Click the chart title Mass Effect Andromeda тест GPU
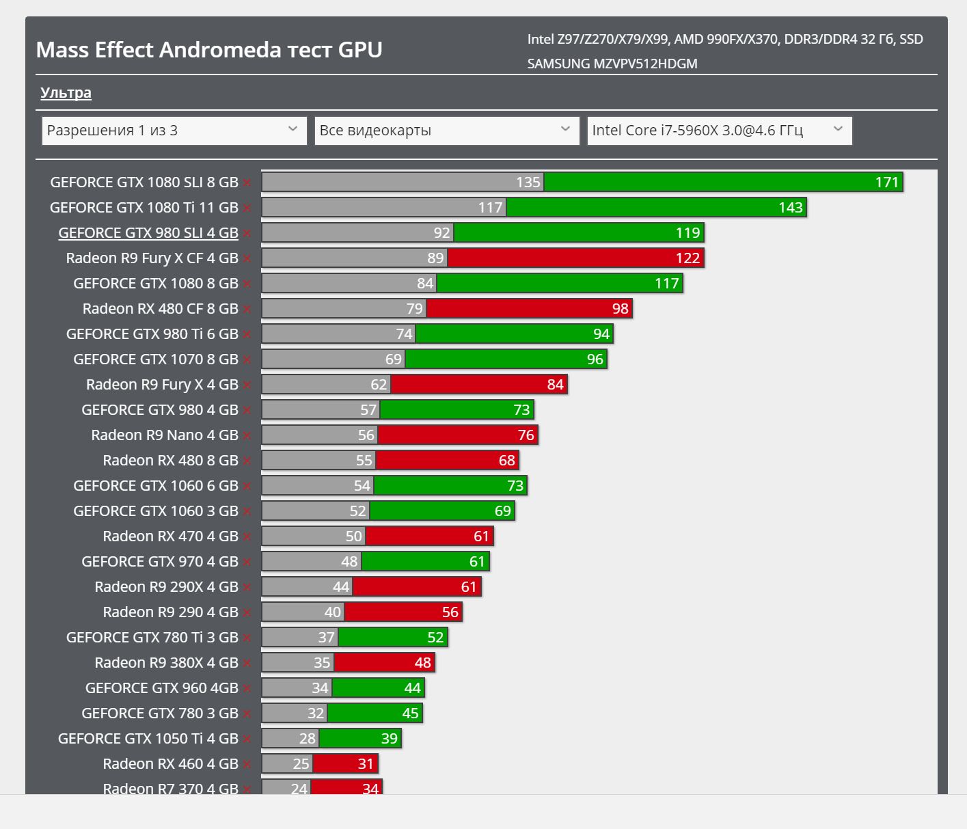(x=209, y=50)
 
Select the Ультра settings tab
(x=66, y=93)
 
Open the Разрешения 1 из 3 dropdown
(x=174, y=131)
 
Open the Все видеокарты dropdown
(x=446, y=131)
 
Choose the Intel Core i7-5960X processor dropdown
(x=719, y=131)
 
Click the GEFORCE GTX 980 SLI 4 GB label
(x=148, y=233)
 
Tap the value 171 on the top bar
(x=886, y=182)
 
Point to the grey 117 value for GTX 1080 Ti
(x=490, y=208)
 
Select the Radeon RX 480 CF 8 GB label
(x=161, y=309)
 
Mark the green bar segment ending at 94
(x=513, y=334)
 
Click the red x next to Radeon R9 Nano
(x=247, y=436)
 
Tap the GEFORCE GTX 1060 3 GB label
(x=156, y=511)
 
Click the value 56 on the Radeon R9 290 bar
(x=450, y=612)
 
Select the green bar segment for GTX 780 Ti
(x=392, y=638)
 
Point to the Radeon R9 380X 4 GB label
(x=166, y=663)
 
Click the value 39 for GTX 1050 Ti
(x=389, y=739)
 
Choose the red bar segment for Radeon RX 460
(x=345, y=764)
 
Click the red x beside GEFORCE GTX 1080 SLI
(x=247, y=183)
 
